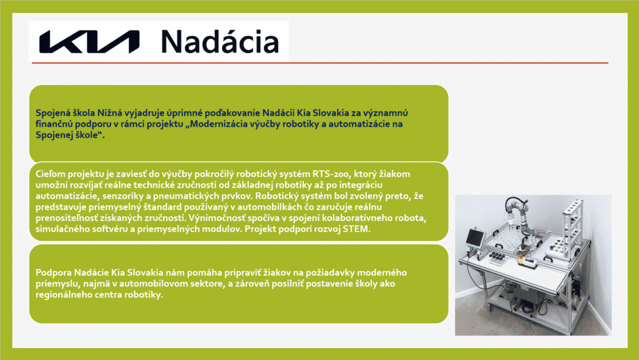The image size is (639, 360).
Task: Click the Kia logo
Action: coord(89,42)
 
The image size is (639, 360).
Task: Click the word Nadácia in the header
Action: coord(220,42)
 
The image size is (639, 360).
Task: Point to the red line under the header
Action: coord(320,63)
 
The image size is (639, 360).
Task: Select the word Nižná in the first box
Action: coord(110,113)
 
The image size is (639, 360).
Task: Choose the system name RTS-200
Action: coord(331,174)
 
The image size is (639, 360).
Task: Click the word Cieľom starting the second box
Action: coord(50,174)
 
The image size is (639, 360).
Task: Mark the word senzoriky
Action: coord(122,197)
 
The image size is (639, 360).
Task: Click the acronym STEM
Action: coord(356,229)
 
